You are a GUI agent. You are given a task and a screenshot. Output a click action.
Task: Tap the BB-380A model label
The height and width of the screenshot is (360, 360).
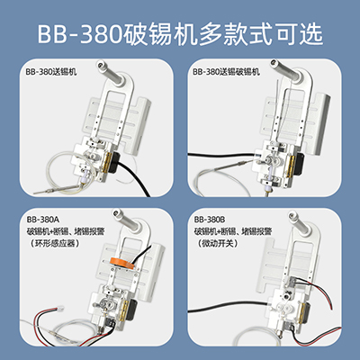pyautogui.click(x=42, y=219)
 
